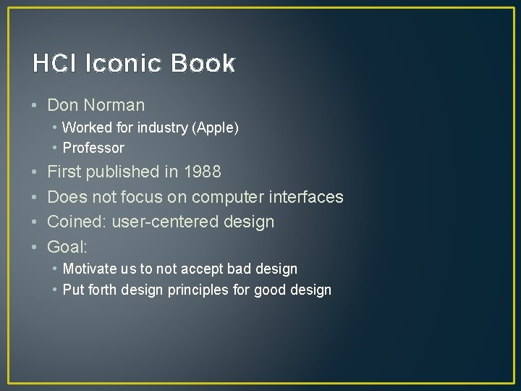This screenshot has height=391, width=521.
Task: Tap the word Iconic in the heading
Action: [x=124, y=64]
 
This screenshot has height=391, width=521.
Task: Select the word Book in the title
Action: [x=203, y=64]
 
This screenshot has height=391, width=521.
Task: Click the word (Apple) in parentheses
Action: [x=215, y=128]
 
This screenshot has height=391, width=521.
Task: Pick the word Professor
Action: [x=93, y=148]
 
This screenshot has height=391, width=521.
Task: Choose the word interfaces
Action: [x=308, y=197]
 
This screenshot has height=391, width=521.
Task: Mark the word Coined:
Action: [x=77, y=222]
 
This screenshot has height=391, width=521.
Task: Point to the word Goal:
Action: [x=67, y=247]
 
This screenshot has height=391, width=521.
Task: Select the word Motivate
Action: [x=90, y=269]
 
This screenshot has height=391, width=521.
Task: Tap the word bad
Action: [x=239, y=269]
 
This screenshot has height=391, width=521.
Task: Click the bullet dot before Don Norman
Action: [x=35, y=106]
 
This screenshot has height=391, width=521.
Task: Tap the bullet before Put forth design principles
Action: [x=55, y=290]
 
